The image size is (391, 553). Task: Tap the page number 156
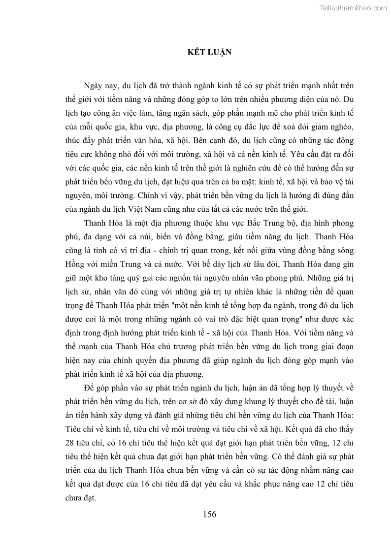(209, 515)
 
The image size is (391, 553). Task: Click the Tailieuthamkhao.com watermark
(353, 7)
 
